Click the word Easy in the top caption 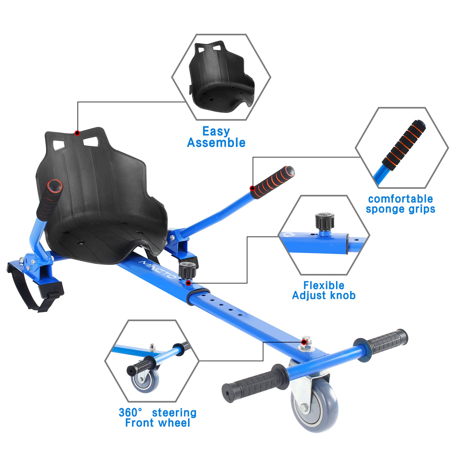216,131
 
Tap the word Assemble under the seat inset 216,143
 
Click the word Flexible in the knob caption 324,286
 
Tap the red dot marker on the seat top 77,133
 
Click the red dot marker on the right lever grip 253,188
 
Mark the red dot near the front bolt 304,342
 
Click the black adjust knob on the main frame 187,269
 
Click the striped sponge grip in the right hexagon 404,144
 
